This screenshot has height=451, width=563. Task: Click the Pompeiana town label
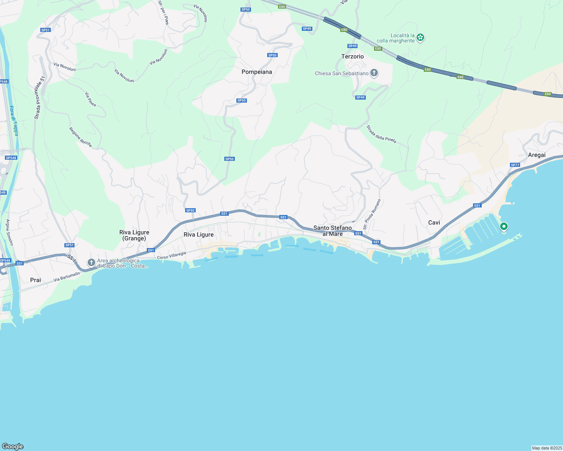(x=257, y=72)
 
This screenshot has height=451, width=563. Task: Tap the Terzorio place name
(x=353, y=56)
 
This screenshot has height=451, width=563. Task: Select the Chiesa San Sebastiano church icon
(x=374, y=73)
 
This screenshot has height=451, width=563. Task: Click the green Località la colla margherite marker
(x=420, y=38)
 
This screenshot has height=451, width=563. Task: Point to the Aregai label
(x=537, y=155)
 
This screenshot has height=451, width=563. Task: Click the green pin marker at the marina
(x=504, y=227)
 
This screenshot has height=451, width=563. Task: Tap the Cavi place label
(x=434, y=222)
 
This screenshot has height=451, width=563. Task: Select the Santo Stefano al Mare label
(x=333, y=231)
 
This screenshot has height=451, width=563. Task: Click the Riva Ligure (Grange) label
(x=134, y=235)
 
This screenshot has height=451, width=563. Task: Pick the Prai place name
(x=35, y=280)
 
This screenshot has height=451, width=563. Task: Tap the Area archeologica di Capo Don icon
(x=91, y=262)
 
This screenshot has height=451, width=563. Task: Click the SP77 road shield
(x=515, y=165)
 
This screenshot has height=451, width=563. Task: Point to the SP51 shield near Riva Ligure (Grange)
(x=69, y=245)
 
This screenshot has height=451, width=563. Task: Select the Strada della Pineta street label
(x=381, y=134)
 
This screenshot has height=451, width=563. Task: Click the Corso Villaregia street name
(x=172, y=256)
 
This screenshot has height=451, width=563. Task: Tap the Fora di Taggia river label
(x=14, y=121)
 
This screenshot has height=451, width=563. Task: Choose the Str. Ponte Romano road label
(x=372, y=214)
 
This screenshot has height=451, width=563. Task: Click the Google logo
(x=13, y=446)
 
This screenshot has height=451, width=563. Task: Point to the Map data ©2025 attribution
(x=547, y=448)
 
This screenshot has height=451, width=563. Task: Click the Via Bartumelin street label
(x=67, y=277)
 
